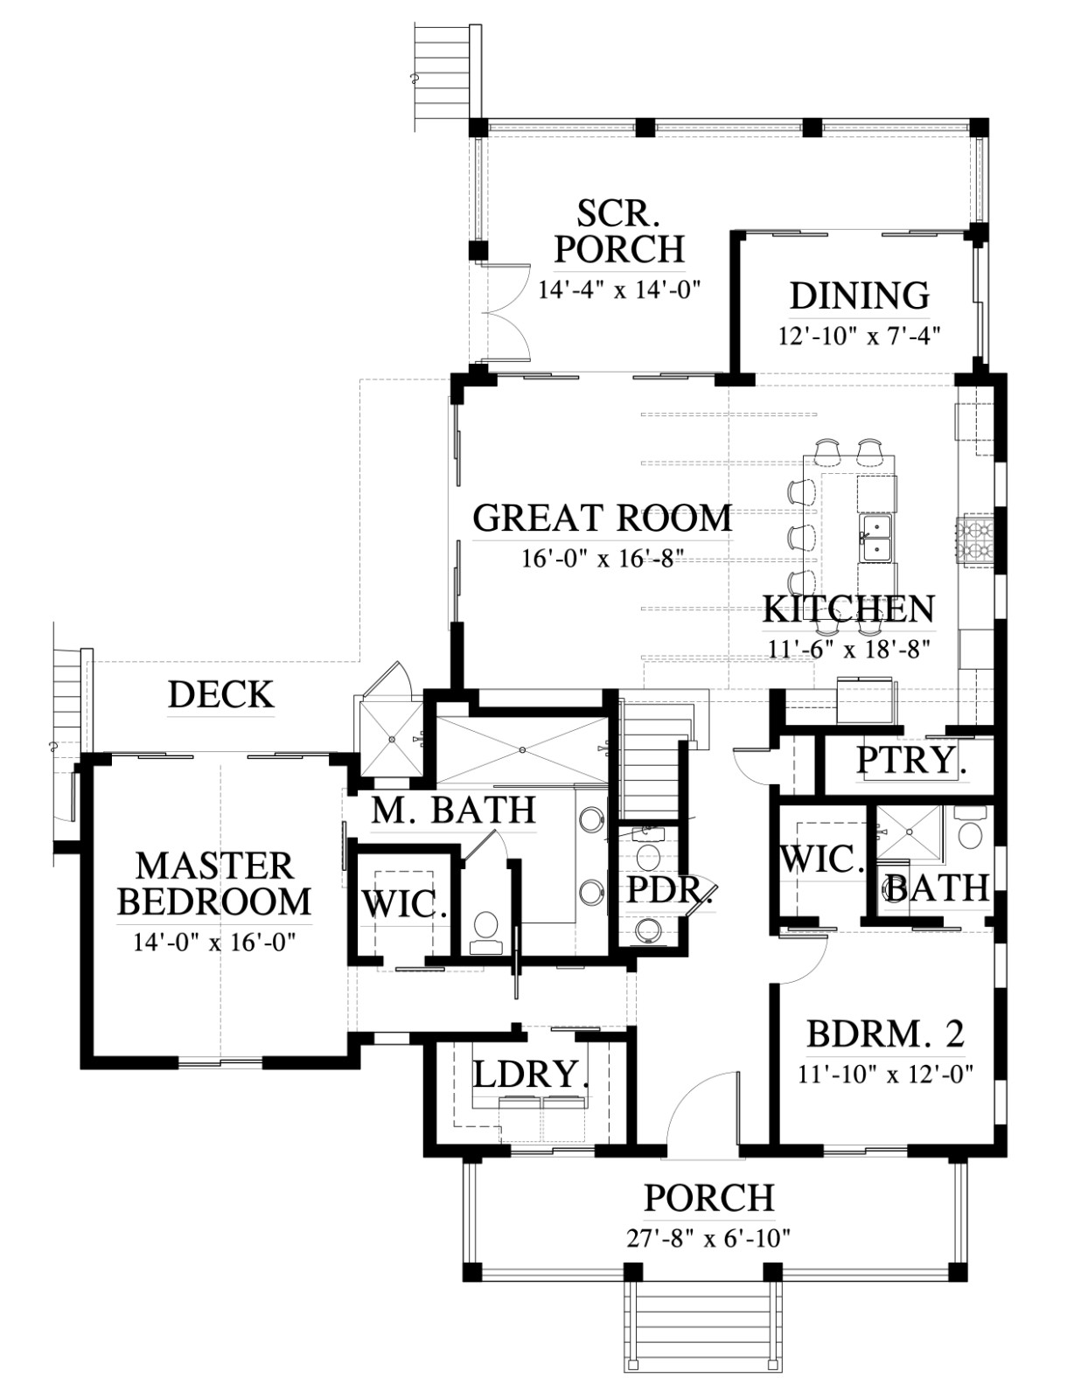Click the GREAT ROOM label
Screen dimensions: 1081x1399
pos(602,519)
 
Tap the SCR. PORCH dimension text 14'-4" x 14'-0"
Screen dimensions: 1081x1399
pos(618,290)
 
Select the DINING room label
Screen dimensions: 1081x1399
pos(860,296)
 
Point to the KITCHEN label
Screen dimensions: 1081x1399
pos(848,609)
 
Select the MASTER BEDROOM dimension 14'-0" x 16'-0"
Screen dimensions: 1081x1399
pos(214,943)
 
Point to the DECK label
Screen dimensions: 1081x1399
pos(221,694)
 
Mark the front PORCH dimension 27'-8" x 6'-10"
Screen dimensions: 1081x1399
pos(708,1238)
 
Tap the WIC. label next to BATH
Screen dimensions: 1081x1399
pos(822,860)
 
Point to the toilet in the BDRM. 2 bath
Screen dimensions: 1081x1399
pos(970,832)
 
